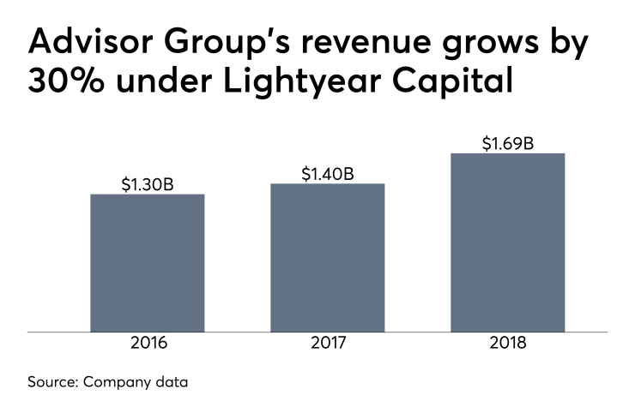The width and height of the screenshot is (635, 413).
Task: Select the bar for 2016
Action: (147, 262)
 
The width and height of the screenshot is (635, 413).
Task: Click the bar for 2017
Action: (327, 257)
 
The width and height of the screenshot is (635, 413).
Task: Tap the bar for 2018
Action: (507, 242)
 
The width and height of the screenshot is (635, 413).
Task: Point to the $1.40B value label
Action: (327, 173)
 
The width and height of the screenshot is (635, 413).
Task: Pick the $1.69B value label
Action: (507, 142)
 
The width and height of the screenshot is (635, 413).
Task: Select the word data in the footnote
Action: (172, 382)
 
